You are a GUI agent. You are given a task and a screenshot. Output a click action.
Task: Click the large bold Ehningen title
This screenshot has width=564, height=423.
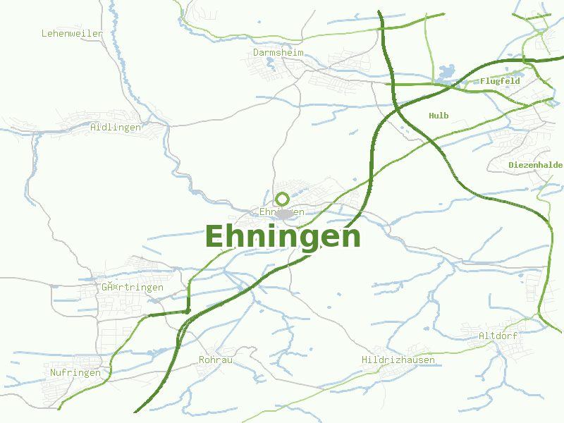[x=283, y=237]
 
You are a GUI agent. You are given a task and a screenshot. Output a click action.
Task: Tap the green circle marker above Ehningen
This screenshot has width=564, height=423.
[x=283, y=199]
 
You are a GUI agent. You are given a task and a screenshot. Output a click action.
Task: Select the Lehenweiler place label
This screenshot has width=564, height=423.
[x=72, y=33]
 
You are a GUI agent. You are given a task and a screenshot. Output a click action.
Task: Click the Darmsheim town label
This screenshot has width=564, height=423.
[x=278, y=52]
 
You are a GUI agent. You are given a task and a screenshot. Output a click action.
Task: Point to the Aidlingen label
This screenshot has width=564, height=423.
[x=116, y=128]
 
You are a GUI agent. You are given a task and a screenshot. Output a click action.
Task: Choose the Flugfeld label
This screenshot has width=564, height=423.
[x=500, y=81]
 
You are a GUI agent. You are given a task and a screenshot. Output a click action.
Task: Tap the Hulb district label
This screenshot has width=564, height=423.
[x=439, y=116]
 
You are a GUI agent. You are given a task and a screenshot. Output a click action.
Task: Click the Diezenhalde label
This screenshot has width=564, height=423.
[x=535, y=165]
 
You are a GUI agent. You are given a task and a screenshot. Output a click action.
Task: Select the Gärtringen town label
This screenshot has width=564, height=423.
[x=132, y=287]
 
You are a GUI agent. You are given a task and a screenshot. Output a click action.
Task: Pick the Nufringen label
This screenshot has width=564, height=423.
[x=75, y=372]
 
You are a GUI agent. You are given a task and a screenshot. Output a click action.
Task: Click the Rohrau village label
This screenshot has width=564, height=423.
[x=216, y=360]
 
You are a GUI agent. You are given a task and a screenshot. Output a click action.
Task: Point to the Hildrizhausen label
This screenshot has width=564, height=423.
[x=398, y=360]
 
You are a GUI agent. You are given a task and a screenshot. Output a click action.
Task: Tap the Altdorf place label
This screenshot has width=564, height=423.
[x=498, y=336]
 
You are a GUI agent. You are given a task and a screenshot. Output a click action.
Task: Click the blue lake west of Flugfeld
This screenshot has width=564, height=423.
[x=446, y=72]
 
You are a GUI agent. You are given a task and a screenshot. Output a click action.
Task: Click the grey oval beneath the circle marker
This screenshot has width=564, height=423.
[x=284, y=214]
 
